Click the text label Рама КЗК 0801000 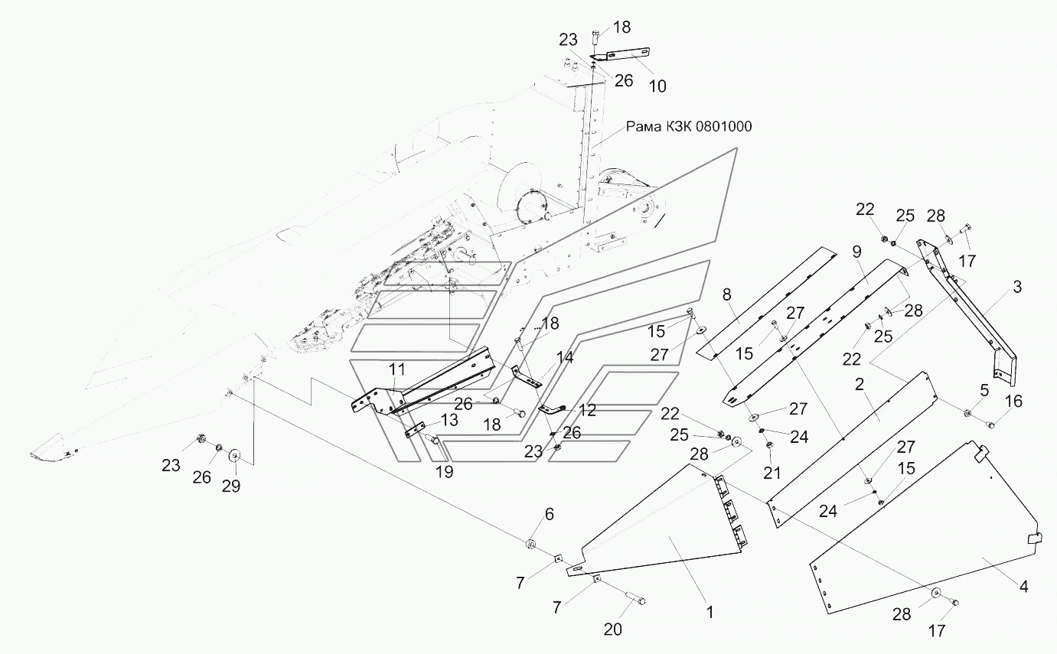689,126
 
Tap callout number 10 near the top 657,86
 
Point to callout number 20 613,630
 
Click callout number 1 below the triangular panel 710,612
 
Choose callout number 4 1023,586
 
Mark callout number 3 1016,287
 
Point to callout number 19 444,472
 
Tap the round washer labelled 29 234,457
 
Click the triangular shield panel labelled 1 666,535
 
